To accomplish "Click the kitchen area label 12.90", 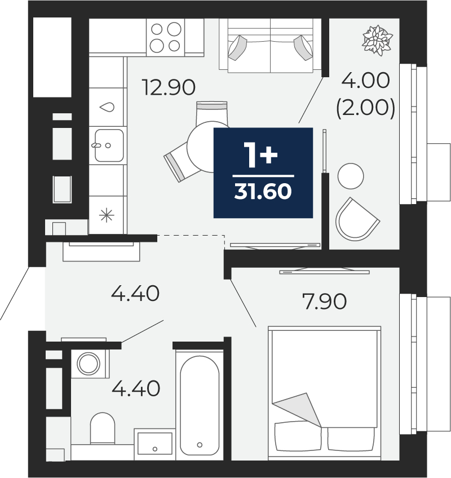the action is tap(169, 87).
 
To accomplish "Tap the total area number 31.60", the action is tap(263, 192).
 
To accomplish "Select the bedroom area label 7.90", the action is tap(325, 301).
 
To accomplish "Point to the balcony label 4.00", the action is tap(366, 81).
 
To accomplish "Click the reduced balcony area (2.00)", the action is tap(366, 108).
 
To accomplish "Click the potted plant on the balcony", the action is tap(377, 40).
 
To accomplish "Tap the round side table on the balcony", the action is tap(351, 176).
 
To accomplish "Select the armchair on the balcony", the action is tap(357, 219).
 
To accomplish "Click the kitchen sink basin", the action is tap(109, 145).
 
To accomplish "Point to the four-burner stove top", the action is tap(166, 37).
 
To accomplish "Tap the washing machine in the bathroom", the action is tap(90, 364).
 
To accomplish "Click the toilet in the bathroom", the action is tap(103, 428).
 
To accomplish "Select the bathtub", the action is tap(200, 405).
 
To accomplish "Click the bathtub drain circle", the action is tap(200, 445).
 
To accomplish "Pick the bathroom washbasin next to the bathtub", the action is tap(154, 444).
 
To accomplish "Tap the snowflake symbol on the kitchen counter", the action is tap(107, 215).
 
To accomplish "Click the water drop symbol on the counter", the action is tap(107, 107).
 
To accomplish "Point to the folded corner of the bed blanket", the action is tap(297, 409).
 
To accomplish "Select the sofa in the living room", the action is tap(270, 46).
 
